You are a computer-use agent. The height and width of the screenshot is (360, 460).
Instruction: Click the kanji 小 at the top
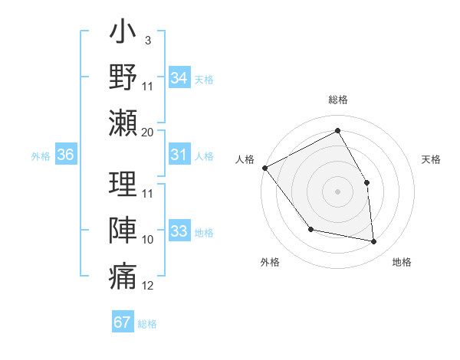[123, 34]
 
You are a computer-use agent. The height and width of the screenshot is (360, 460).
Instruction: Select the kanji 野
[123, 78]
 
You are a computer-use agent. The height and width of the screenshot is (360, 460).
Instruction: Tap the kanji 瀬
[123, 123]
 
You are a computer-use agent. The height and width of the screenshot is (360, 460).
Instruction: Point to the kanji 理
[123, 184]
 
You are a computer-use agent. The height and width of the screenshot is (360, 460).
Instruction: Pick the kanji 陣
[123, 230]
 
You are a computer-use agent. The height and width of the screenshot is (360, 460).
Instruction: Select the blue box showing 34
[179, 78]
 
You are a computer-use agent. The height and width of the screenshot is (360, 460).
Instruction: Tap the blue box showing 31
[179, 155]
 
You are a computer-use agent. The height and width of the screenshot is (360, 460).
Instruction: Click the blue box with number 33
[179, 232]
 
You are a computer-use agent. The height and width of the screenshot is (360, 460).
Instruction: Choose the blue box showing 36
[66, 155]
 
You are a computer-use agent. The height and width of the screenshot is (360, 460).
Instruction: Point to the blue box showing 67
[123, 322]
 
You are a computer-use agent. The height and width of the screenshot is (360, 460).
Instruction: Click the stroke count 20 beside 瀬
[148, 132]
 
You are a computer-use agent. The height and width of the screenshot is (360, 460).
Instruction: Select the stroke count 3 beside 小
[147, 39]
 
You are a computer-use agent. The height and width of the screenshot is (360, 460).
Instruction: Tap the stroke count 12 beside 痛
[148, 286]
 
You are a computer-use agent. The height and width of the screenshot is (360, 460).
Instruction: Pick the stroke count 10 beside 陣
[148, 240]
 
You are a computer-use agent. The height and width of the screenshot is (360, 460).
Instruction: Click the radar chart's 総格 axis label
[338, 100]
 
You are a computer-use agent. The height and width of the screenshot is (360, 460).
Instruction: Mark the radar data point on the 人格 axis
[265, 168]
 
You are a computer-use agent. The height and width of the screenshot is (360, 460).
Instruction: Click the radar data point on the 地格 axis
[374, 242]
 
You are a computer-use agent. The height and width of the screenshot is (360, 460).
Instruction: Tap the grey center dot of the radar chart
[338, 191]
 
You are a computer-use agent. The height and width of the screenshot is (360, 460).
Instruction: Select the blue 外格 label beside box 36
[41, 156]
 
